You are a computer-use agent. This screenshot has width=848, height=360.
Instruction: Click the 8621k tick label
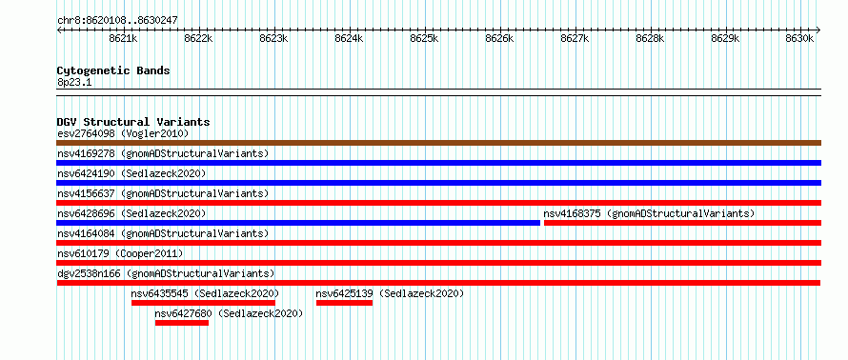(x=124, y=38)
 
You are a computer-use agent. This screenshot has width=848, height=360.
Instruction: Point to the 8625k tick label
(x=425, y=38)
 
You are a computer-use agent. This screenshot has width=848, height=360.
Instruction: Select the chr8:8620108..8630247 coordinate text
(x=117, y=21)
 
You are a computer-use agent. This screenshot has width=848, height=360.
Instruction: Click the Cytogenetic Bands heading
(x=113, y=70)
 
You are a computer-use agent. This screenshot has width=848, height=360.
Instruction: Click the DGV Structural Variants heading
(x=133, y=122)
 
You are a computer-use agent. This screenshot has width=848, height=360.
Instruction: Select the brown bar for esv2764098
(x=439, y=143)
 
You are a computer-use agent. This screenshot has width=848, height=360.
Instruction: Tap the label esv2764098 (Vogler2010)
(x=123, y=133)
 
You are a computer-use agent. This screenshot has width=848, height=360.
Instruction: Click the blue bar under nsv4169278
(x=439, y=163)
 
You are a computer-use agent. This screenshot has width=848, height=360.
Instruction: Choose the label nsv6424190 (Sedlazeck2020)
(x=131, y=173)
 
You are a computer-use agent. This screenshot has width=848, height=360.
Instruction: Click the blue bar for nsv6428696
(x=298, y=223)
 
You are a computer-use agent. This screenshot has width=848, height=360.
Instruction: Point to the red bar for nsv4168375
(x=682, y=223)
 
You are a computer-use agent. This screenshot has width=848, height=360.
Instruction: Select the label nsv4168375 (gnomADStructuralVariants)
(x=649, y=213)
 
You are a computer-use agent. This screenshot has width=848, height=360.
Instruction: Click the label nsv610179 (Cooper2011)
(x=120, y=253)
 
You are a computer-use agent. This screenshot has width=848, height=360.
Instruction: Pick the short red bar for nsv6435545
(x=203, y=303)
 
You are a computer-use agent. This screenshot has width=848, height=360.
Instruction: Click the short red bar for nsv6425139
(x=345, y=303)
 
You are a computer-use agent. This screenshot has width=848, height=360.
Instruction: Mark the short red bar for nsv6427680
(x=182, y=323)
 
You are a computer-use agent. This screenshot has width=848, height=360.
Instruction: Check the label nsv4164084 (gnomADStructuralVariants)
(x=163, y=233)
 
